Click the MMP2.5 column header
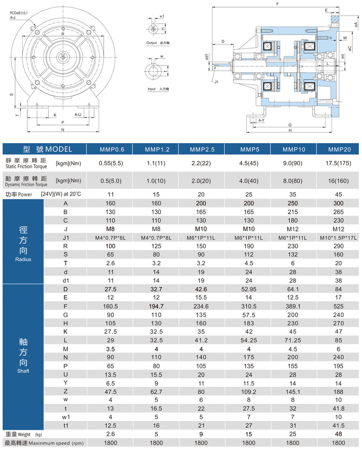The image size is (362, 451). [x=202, y=149]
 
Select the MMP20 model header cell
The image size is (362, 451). [x=339, y=149]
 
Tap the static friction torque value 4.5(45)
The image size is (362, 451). [x=249, y=163]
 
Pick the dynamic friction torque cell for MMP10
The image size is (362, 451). [x=293, y=181]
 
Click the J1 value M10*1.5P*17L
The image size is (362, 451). [x=338, y=238]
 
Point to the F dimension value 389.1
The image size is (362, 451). [x=293, y=306]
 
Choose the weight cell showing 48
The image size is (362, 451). [x=338, y=434]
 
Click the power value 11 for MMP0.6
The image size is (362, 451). [x=110, y=194]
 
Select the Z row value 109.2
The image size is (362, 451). [x=249, y=392]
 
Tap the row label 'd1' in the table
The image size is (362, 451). [x=66, y=281]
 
